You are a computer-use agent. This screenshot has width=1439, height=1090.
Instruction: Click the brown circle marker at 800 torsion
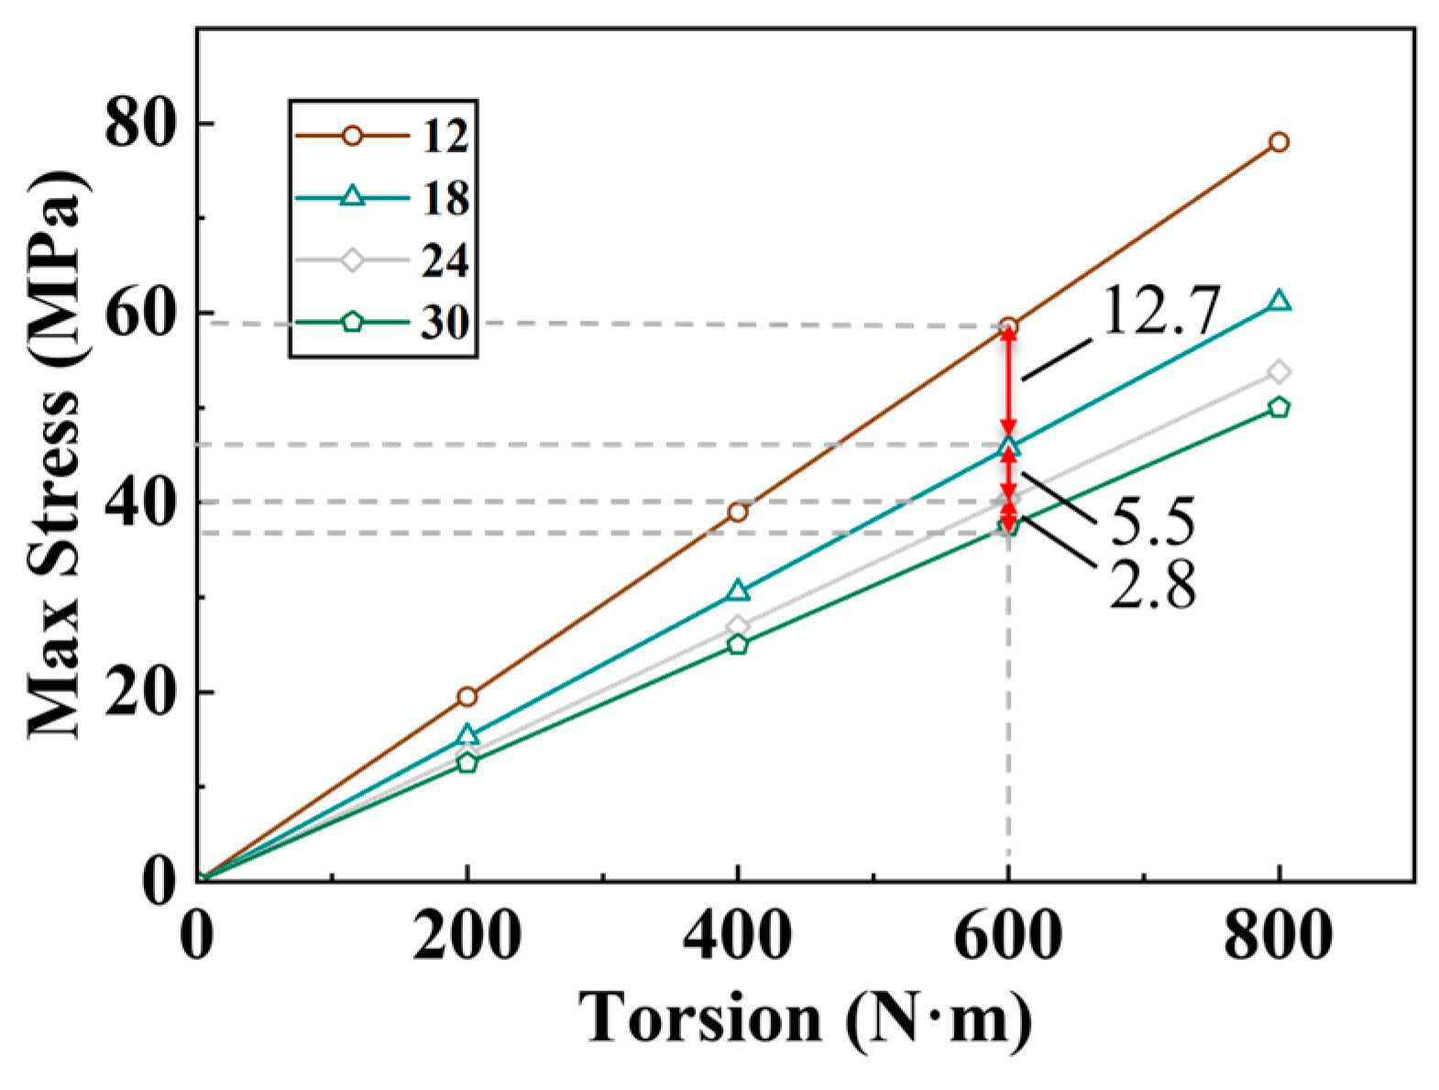coord(1279,142)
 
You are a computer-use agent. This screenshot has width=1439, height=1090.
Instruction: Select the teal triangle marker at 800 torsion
coord(1279,302)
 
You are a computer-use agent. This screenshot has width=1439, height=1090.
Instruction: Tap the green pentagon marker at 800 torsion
coord(1279,407)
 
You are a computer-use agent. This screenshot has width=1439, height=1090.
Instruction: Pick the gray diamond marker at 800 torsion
coord(1279,371)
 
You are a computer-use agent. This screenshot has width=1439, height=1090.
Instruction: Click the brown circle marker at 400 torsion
coord(738,512)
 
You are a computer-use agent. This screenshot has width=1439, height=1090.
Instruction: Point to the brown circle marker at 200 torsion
coord(467,697)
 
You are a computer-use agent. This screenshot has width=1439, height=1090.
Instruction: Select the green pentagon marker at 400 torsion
coord(738,644)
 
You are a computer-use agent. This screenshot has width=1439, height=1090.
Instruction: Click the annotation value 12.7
coord(1160,312)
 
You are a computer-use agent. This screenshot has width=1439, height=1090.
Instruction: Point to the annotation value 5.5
coord(1153,523)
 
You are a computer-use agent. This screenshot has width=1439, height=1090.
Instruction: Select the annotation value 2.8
coord(1153,585)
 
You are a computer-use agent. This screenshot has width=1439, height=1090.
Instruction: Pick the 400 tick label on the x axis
coord(738,937)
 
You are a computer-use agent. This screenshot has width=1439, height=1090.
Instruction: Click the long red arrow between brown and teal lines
coord(1008,380)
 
